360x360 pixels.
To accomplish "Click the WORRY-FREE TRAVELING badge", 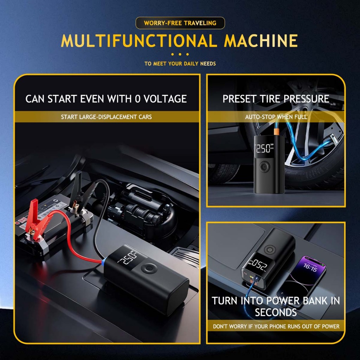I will click(x=180, y=23).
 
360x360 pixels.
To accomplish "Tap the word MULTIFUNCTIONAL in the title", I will click(x=139, y=41).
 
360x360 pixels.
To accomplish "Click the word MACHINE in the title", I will click(x=261, y=41).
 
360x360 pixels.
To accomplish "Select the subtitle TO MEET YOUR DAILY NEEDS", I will click(x=180, y=64).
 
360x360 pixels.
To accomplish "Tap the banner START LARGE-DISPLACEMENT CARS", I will click(x=107, y=117).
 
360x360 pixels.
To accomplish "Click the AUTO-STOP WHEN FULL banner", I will click(x=276, y=117).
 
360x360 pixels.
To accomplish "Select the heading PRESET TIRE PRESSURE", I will click(x=276, y=99).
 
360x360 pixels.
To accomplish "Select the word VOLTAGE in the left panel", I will click(x=166, y=99).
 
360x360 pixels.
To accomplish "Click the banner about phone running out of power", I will click(x=276, y=326).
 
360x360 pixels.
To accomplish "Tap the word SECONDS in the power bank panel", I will click(x=276, y=312).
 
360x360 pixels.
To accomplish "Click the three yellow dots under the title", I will click(x=180, y=54).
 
